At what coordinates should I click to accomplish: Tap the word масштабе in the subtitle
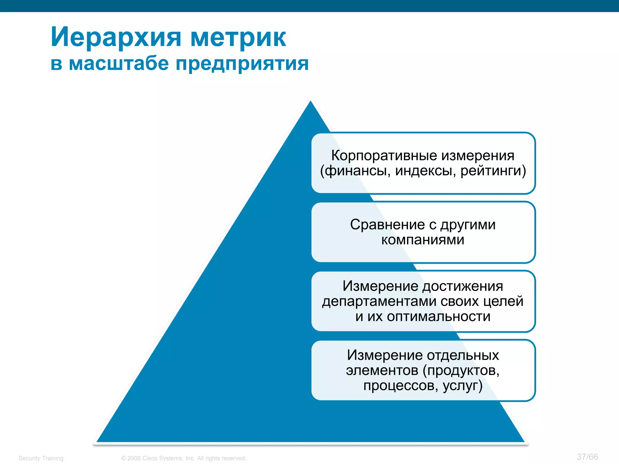pyautogui.click(x=119, y=64)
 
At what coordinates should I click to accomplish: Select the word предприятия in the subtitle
pyautogui.click(x=242, y=64)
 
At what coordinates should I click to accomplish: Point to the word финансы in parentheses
pyautogui.click(x=355, y=171)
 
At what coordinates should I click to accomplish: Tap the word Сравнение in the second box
pyautogui.click(x=387, y=225)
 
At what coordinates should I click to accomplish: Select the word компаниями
pyautogui.click(x=423, y=240)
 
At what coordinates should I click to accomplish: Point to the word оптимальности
pyautogui.click(x=439, y=317)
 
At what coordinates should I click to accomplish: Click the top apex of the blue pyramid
pyautogui.click(x=310, y=103)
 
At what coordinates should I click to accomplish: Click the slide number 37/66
pyautogui.click(x=587, y=457)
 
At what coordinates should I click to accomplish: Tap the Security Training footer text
pyautogui.click(x=41, y=458)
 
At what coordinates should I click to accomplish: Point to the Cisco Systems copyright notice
pyautogui.click(x=184, y=458)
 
